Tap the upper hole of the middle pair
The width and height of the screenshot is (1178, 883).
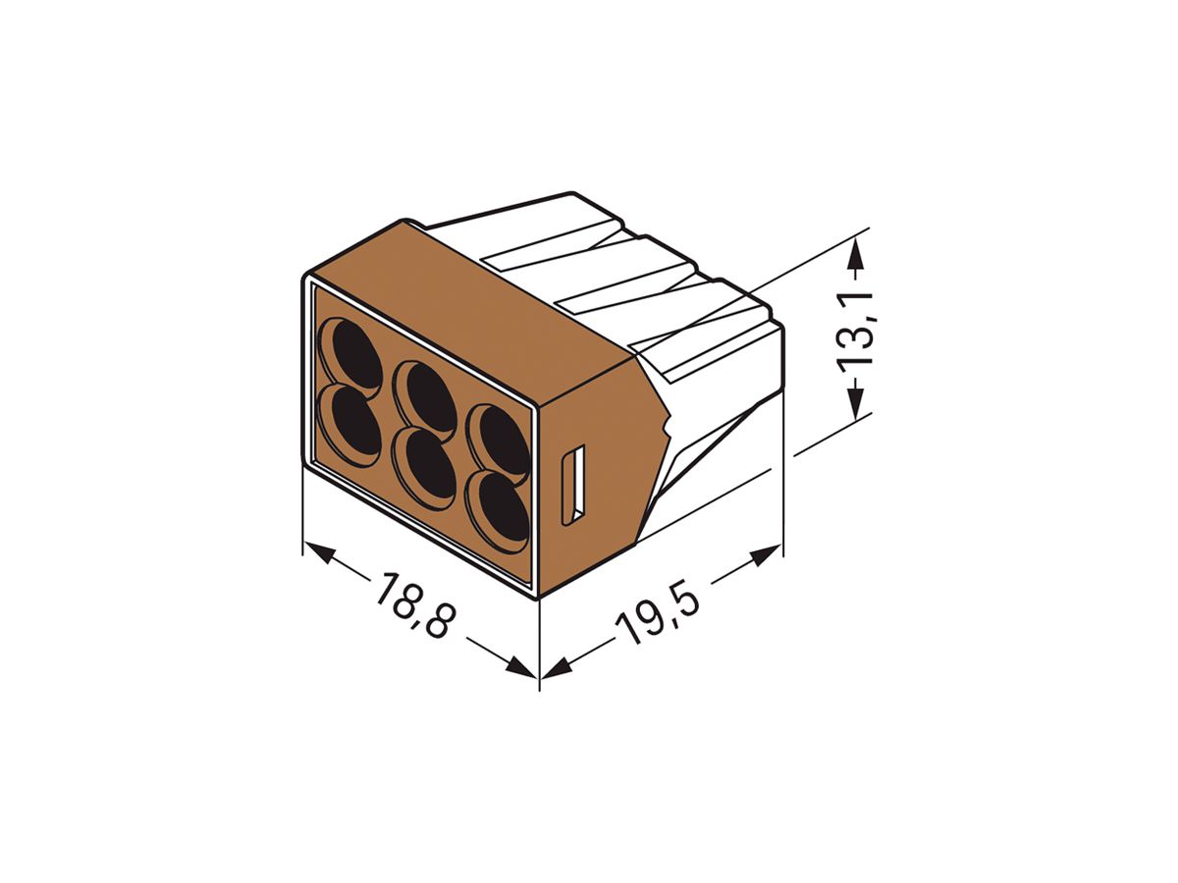pos(428,398)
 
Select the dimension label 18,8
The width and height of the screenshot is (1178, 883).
pos(412,606)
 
